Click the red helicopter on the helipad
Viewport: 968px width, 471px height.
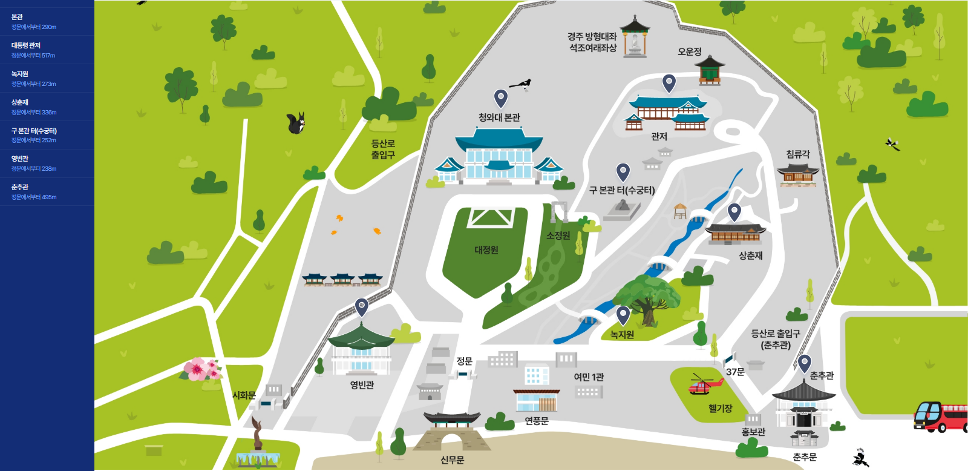[705, 384]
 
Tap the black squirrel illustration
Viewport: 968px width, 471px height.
[295, 124]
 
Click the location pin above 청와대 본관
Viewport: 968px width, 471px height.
[500, 97]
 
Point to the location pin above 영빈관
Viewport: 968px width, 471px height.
[361, 307]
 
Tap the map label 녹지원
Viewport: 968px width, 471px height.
[622, 335]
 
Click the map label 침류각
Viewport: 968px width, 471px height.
[798, 154]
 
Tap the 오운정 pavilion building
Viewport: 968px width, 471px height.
[710, 71]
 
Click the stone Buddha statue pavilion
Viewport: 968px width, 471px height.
[634, 38]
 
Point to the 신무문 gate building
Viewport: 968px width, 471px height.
[452, 431]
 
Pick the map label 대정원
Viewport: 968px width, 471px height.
[486, 250]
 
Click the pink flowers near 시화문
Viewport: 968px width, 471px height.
[202, 369]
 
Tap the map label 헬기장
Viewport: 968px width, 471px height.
[720, 409]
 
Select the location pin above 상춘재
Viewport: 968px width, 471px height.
[734, 212]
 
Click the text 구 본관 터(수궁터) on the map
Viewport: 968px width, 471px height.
[622, 190]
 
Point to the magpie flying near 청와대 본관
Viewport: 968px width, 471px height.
[521, 84]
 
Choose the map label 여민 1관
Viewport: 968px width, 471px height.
[589, 377]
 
